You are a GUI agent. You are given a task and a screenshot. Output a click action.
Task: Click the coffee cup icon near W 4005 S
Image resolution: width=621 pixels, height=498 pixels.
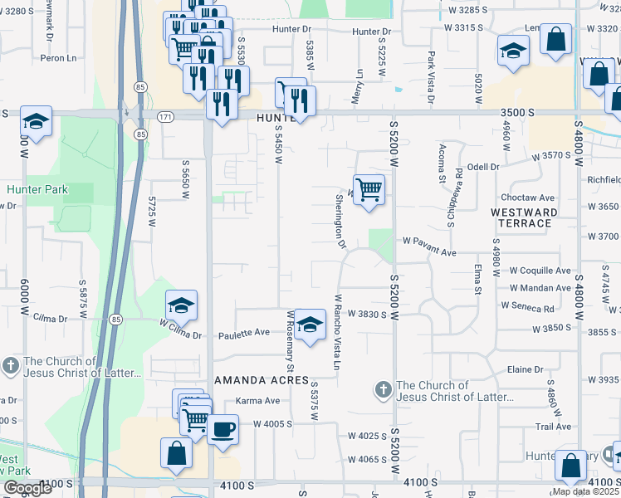point(222,429)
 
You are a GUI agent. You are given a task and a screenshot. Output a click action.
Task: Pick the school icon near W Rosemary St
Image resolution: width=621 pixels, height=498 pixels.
point(310,325)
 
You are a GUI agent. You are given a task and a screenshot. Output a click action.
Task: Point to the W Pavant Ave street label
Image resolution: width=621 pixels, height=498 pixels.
point(430,251)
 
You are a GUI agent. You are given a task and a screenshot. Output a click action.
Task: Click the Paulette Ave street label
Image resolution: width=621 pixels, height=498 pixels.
point(245,333)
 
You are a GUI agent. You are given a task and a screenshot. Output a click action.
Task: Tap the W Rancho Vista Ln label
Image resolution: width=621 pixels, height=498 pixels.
point(339,332)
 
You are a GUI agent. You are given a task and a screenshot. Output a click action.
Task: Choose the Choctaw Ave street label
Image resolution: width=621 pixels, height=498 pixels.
point(527,198)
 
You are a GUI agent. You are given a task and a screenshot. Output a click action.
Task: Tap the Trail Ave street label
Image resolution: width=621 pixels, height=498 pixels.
point(554,427)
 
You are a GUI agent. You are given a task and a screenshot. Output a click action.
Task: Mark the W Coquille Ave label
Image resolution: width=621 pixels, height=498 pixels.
point(540,271)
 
